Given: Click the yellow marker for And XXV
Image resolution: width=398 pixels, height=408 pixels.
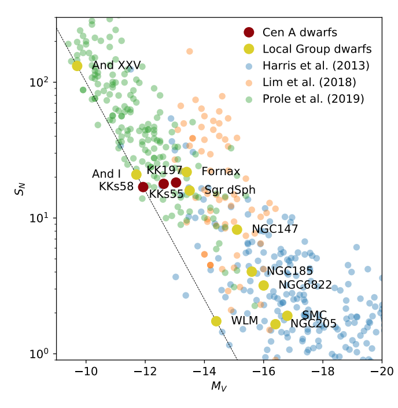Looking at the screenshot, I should coord(77,66).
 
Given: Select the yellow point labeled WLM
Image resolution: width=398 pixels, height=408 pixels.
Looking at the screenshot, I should coord(216,321).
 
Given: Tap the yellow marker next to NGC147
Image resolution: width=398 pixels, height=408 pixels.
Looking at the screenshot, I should coord(237,229).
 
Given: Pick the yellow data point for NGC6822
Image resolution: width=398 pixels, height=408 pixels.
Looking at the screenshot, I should coord(264,285).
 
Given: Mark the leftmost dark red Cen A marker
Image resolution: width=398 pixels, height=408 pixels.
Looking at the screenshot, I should coord(143,187).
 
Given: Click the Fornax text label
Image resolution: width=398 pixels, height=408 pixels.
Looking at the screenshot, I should coord(220,172).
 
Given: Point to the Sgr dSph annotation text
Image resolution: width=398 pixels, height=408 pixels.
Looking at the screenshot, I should coord(230,190).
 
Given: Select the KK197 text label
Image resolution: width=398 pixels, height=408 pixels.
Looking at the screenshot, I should coord(164,170).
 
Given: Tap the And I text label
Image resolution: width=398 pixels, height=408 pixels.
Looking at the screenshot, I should coord(106,174).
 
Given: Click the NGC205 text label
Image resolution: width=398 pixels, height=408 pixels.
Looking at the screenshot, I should coord(314,324).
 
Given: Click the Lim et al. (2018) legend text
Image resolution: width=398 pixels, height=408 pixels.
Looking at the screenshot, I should coord(309,82).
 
